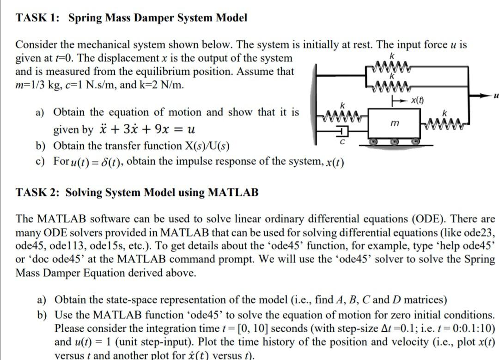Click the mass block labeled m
(394, 123)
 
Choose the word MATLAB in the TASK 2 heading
(233, 192)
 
